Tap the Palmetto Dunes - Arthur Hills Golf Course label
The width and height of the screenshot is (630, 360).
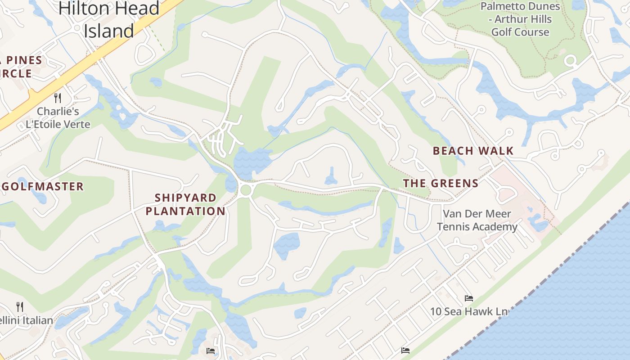(520, 19)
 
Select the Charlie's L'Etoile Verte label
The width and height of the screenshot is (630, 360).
(58, 117)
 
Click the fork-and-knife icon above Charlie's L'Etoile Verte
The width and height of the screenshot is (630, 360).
(58, 98)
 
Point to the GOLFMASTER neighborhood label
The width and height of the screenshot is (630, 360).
(43, 186)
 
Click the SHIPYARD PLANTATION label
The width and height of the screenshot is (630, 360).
(185, 204)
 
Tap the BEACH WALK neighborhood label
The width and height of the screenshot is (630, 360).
(473, 151)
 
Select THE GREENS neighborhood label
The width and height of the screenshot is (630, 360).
(441, 183)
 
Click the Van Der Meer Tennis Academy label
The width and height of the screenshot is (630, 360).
(477, 220)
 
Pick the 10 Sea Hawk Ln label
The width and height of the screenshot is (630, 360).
(469, 311)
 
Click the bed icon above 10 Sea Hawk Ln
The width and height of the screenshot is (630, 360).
(468, 298)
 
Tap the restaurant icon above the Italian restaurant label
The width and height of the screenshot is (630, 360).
(20, 307)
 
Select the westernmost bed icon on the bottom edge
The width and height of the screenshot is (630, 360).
(210, 351)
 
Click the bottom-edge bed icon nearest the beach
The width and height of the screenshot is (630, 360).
(405, 350)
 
